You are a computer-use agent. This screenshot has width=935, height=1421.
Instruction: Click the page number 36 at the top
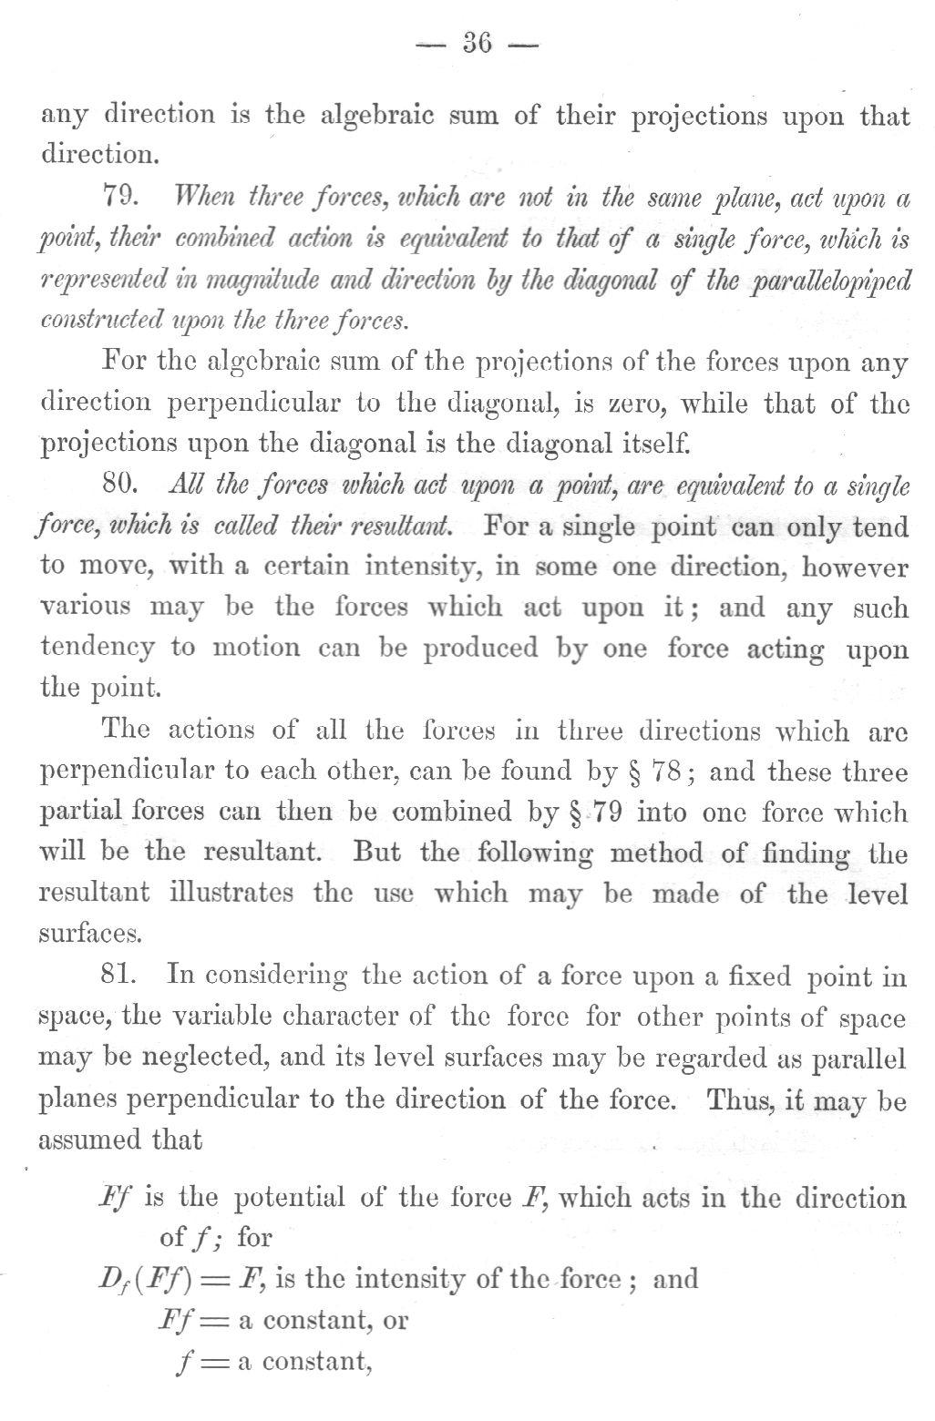tap(478, 43)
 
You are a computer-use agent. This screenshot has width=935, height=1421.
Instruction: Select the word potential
tap(290, 1198)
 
